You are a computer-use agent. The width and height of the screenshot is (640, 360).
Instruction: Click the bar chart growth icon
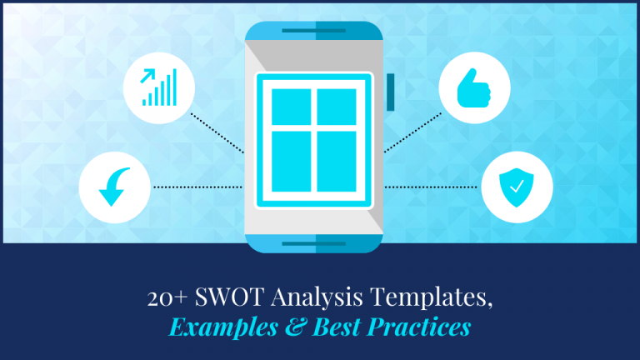(158, 87)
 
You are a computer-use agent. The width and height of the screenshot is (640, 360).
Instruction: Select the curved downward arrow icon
(114, 187)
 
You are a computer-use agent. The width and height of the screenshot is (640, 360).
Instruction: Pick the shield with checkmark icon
(517, 187)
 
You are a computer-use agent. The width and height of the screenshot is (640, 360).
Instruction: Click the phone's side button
(389, 92)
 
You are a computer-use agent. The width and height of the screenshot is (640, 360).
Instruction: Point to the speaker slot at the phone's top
(313, 31)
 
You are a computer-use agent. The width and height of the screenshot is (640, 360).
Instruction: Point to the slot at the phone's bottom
(313, 244)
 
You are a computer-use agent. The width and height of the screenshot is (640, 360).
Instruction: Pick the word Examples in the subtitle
(224, 326)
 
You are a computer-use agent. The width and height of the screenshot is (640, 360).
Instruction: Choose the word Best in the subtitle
(338, 326)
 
